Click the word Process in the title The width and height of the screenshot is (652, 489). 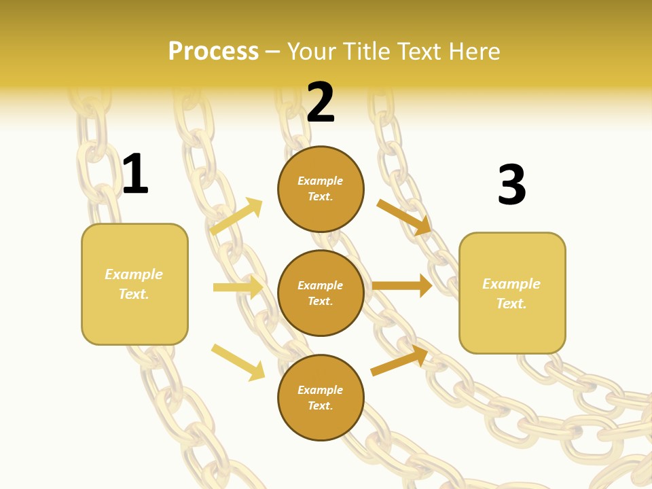coord(213,52)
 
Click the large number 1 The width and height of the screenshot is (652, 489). coord(135,174)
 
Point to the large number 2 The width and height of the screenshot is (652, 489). coord(321,103)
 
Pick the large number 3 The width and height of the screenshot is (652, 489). coord(511,185)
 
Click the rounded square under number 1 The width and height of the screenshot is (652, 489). coord(134,284)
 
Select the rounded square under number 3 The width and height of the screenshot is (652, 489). coord(512,293)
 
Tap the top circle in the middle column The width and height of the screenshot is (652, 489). coord(321,189)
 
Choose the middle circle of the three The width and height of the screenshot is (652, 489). coord(321,293)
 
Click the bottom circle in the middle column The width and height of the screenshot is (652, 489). coord(321,397)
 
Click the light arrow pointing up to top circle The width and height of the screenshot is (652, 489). coord(236,217)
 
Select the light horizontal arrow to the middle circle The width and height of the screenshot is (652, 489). coord(238,287)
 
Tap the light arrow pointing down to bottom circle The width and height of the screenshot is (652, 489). coord(238,362)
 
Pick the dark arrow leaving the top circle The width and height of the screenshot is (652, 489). coord(404,217)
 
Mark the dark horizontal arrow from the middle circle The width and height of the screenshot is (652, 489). coord(402,285)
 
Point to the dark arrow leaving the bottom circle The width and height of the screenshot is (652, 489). coord(399,360)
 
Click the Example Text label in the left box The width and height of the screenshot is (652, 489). coord(134,284)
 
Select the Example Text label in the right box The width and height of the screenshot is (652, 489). coord(511,293)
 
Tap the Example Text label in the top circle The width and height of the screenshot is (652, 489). coord(321,189)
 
